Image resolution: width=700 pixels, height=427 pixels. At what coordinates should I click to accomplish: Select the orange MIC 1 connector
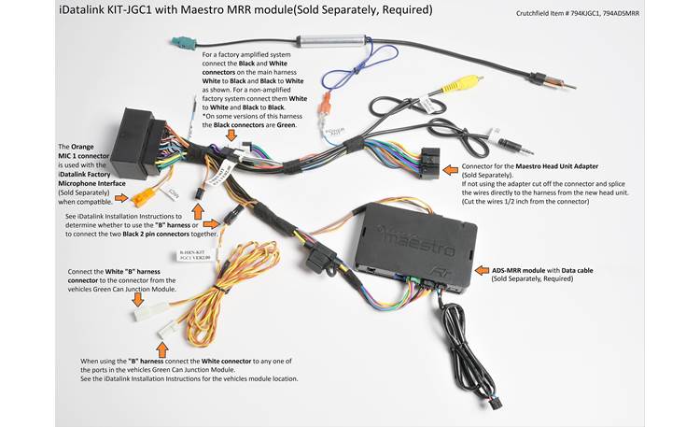click(x=143, y=196)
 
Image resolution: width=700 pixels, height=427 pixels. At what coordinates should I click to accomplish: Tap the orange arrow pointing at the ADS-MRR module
click(x=482, y=270)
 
